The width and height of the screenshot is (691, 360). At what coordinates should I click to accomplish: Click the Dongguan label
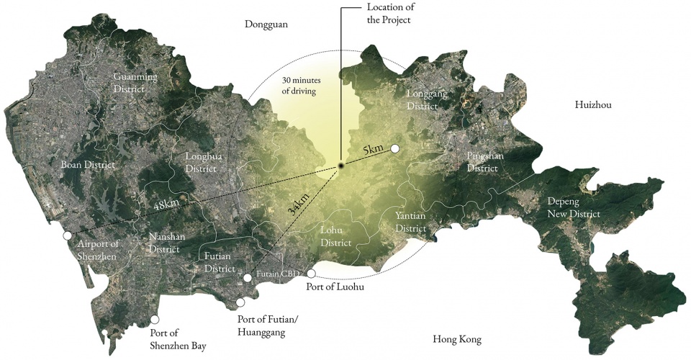tap(266, 24)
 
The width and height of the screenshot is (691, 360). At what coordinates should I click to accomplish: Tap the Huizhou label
tap(593, 105)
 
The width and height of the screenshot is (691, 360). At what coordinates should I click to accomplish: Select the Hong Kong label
tap(457, 340)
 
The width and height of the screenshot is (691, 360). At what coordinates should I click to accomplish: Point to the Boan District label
tap(88, 164)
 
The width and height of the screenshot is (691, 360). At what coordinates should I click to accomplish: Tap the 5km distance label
tap(374, 150)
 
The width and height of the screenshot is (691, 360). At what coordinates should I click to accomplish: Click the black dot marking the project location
tap(341, 166)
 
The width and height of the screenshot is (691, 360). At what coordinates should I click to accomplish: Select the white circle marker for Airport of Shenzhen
tap(67, 235)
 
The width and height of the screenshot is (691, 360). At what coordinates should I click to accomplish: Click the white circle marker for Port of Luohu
tap(311, 274)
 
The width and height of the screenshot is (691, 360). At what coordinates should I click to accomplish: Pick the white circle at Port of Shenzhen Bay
tap(154, 319)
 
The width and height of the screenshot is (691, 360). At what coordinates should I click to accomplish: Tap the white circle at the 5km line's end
tap(394, 149)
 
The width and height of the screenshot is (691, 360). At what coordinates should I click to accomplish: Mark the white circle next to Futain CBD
tap(247, 277)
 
